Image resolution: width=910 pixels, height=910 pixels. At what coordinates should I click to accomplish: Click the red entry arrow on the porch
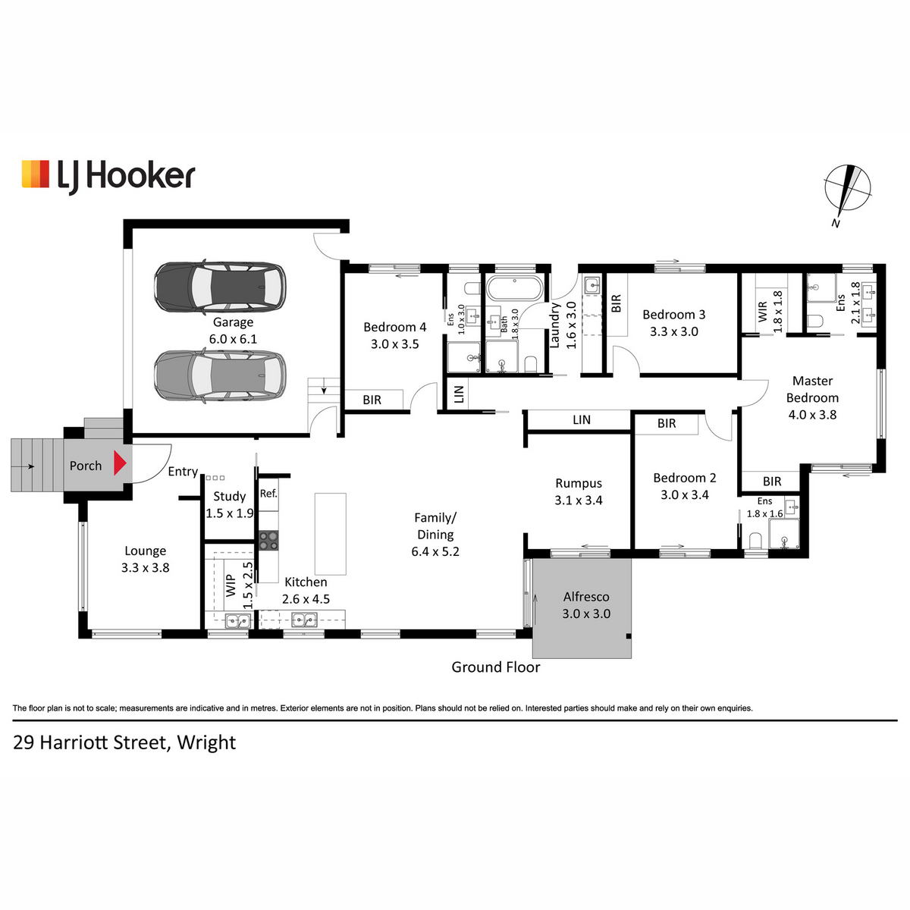(x=120, y=463)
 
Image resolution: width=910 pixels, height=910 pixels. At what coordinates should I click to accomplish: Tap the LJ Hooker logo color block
(x=36, y=174)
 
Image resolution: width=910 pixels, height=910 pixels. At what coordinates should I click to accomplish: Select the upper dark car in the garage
(x=220, y=287)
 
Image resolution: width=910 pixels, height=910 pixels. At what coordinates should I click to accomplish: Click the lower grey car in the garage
(x=220, y=375)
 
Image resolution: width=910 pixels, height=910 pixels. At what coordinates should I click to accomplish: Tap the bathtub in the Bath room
(x=515, y=288)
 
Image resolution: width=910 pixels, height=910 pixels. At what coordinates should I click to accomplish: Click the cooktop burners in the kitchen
(x=268, y=540)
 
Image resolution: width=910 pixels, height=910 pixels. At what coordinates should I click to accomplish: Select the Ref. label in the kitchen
(x=268, y=494)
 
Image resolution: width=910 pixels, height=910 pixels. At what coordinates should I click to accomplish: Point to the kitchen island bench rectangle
(x=331, y=534)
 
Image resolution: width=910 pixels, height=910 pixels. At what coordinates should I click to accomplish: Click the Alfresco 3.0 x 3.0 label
(x=586, y=605)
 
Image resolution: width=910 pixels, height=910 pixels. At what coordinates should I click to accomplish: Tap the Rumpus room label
(x=579, y=483)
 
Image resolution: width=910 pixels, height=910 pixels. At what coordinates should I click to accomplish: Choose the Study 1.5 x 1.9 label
(x=230, y=504)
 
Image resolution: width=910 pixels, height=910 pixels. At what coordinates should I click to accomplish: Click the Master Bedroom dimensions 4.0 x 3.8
(x=812, y=415)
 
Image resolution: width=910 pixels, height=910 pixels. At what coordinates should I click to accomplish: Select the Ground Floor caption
(x=496, y=667)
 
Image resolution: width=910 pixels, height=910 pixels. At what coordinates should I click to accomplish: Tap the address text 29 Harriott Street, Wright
(x=124, y=743)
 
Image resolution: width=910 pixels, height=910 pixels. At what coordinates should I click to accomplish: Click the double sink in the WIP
(x=238, y=620)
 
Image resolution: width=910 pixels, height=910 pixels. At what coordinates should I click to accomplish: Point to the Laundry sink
(x=592, y=285)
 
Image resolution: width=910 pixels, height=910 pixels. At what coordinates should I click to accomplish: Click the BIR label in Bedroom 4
(x=372, y=400)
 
